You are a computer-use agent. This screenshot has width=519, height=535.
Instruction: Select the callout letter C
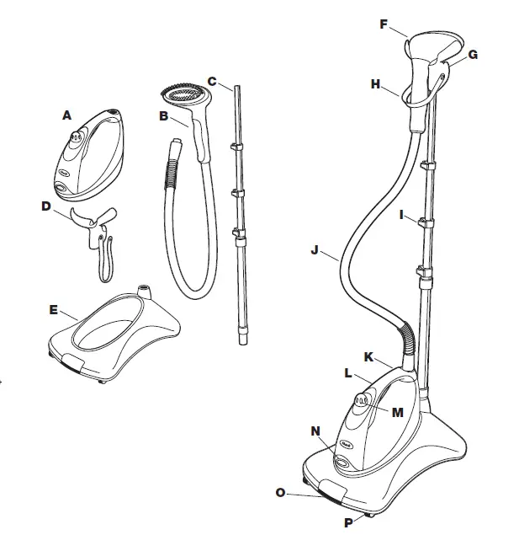pyautogui.click(x=212, y=82)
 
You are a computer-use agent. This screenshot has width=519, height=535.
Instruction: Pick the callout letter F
pyautogui.click(x=384, y=24)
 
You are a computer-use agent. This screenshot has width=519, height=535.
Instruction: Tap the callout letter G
pyautogui.click(x=473, y=55)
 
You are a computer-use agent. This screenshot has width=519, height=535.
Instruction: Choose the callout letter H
pyautogui.click(x=376, y=83)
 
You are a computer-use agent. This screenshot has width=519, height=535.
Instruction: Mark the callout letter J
pyautogui.click(x=314, y=249)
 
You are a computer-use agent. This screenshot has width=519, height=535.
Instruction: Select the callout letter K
pyautogui.click(x=368, y=356)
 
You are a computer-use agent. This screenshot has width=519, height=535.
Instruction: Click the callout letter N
pyautogui.click(x=315, y=431)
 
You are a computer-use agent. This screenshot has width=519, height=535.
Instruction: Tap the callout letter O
pyautogui.click(x=280, y=492)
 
